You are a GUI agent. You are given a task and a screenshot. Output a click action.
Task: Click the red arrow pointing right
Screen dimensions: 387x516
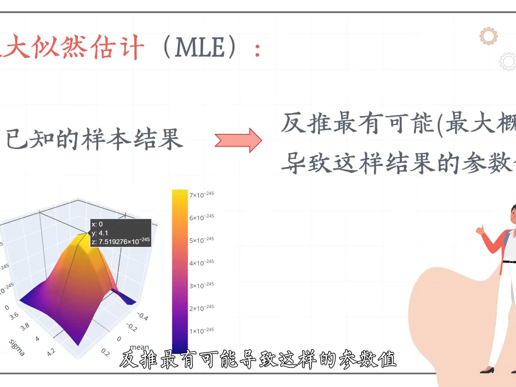[238, 140]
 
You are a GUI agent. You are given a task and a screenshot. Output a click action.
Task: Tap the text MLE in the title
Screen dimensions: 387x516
[200, 48]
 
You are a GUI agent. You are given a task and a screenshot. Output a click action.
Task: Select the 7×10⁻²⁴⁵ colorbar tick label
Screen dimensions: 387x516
[201, 195]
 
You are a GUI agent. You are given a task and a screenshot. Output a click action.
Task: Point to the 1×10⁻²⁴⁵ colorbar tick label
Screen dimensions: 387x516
[201, 331]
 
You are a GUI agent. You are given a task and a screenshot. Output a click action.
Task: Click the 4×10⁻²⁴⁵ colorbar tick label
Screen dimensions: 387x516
[201, 263]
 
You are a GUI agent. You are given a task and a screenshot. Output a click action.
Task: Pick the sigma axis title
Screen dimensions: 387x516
[17, 348]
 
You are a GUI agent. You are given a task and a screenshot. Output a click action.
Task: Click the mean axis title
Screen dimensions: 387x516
[139, 347]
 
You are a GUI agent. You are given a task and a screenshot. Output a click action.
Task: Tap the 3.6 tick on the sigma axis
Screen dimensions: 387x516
[14, 316]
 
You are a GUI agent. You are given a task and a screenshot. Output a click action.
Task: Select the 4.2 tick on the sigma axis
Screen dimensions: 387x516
[51, 352]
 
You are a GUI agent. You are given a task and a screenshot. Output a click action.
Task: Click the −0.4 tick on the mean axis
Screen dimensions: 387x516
[142, 316]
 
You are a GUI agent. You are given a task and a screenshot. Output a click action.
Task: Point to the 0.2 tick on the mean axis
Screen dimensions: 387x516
[105, 352]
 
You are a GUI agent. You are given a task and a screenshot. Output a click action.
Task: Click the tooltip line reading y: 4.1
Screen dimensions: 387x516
[100, 233]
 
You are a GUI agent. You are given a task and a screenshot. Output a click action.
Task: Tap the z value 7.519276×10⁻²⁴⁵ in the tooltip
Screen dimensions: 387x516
[124, 242]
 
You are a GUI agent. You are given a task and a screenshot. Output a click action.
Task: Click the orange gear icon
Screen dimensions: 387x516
[488, 36]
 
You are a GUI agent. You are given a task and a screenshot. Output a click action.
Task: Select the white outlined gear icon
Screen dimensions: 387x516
[508, 62]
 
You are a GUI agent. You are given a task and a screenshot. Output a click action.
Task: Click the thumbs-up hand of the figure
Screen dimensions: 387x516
[480, 229]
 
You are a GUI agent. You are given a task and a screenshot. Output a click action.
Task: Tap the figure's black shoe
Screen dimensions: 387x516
[487, 370]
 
